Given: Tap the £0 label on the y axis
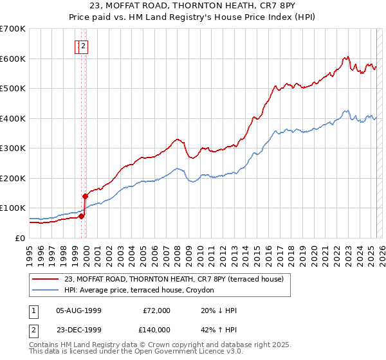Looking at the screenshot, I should (x=20, y=238).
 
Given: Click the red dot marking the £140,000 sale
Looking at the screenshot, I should (x=85, y=196).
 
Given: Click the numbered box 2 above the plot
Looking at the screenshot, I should (x=84, y=46).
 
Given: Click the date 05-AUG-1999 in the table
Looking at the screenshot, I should (x=78, y=310).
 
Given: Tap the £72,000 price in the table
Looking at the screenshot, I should (x=156, y=310).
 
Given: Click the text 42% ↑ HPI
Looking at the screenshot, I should (x=219, y=330).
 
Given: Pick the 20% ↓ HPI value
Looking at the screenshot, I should (x=219, y=310).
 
